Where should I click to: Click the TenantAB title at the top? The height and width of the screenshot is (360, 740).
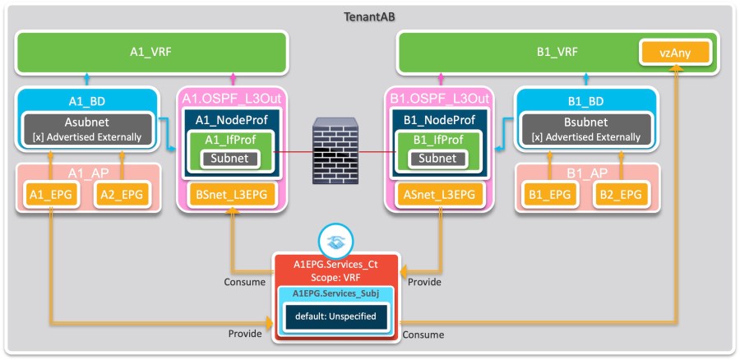[369, 17]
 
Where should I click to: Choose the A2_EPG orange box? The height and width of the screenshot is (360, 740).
[121, 194]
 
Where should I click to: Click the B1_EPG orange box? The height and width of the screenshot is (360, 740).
[548, 194]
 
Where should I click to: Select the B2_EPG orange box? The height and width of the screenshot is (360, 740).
[618, 194]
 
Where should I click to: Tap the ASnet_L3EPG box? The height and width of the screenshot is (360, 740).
[439, 194]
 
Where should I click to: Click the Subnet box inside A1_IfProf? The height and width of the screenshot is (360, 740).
[232, 158]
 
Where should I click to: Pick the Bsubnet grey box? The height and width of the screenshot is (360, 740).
[585, 128]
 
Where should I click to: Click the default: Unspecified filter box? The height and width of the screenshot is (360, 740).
[335, 316]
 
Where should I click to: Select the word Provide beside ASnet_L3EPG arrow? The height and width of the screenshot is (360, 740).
[425, 282]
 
